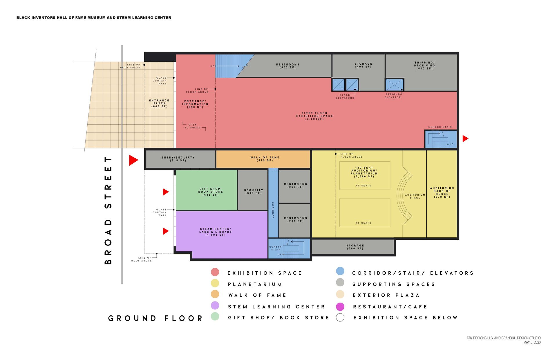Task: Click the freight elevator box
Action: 394,85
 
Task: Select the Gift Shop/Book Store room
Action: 207,190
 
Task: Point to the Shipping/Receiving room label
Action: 424,66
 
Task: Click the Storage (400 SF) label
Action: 363,65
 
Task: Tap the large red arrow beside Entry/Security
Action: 133,160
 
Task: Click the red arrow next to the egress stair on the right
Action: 465,139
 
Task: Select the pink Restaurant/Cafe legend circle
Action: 340,307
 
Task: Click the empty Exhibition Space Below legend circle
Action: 340,318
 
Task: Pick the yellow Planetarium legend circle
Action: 215,283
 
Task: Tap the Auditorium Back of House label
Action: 442,192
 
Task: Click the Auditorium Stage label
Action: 415,196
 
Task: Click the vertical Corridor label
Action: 273,210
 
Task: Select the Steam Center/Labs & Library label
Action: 216,232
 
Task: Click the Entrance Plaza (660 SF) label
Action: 159,103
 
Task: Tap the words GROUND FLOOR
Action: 155,318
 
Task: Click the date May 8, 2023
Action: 532,342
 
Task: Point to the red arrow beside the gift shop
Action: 166,192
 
